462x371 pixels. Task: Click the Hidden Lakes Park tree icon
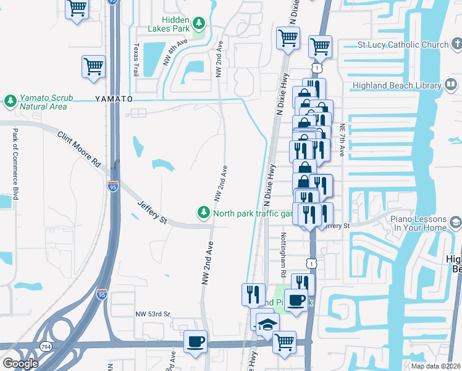click(198, 24)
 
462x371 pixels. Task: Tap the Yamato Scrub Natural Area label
click(43, 102)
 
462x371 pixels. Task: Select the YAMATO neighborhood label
click(114, 99)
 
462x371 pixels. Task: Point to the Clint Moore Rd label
click(79, 150)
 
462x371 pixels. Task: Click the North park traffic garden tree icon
click(203, 213)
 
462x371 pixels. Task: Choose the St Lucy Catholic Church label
click(403, 45)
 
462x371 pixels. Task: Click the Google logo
click(20, 364)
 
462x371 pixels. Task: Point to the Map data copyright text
click(436, 366)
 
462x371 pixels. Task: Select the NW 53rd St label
click(153, 314)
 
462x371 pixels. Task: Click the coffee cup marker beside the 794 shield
click(196, 342)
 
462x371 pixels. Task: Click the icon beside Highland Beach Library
click(455, 86)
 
